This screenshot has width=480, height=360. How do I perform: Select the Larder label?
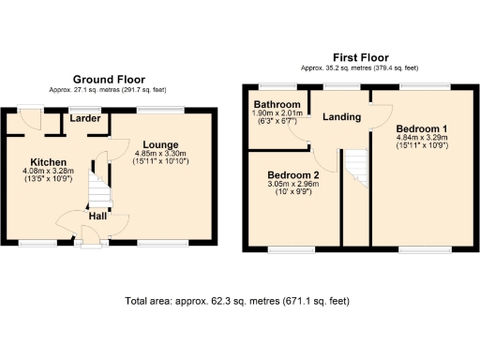(83, 119)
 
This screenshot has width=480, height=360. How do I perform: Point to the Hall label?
(97, 216)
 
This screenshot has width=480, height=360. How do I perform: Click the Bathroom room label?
(277, 104)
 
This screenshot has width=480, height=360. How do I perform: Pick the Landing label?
(342, 117)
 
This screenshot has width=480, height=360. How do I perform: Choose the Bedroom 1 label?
(422, 127)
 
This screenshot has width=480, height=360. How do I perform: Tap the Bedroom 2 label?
(293, 175)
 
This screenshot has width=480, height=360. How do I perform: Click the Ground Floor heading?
(109, 80)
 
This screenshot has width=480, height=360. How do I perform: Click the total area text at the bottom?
(237, 301)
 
